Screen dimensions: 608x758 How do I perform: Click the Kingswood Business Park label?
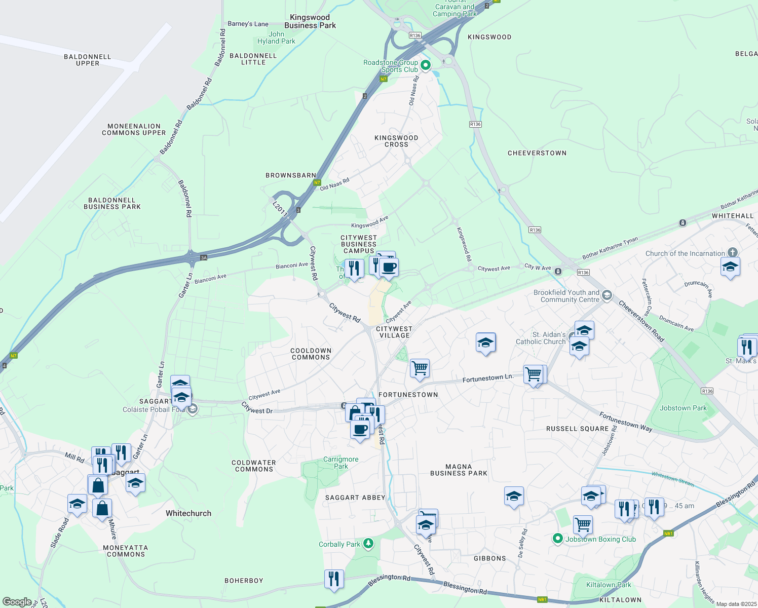pos(310,21)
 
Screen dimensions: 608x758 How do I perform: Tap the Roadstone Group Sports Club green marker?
pos(426,65)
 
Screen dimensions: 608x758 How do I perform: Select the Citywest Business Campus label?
pos(359,244)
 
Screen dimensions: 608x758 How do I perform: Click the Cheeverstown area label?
pos(537,153)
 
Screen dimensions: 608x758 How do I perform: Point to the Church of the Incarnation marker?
pos(732,252)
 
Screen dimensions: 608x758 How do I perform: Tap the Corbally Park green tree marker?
pos(368,544)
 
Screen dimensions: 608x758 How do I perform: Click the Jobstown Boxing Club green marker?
pos(558,539)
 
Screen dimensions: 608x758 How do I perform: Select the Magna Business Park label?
pos(459,470)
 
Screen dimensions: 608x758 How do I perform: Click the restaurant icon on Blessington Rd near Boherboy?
pos(334,578)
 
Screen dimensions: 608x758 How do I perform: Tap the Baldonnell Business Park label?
pos(112,204)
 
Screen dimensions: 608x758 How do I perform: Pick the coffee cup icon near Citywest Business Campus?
pos(389,267)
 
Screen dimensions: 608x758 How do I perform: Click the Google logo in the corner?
pos(17,602)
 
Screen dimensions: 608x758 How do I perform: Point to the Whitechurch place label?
pos(188,513)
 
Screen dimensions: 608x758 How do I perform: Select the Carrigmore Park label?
pos(341,463)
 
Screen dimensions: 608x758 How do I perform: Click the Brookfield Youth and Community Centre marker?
pos(607,295)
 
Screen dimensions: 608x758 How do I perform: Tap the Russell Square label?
pos(577,429)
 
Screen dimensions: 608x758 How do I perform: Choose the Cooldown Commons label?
pos(311,354)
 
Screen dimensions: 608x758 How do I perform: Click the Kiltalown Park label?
pos(609,585)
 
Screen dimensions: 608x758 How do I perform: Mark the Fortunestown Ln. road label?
pos(488,378)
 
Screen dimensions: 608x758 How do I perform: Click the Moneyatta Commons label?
pos(126,551)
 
